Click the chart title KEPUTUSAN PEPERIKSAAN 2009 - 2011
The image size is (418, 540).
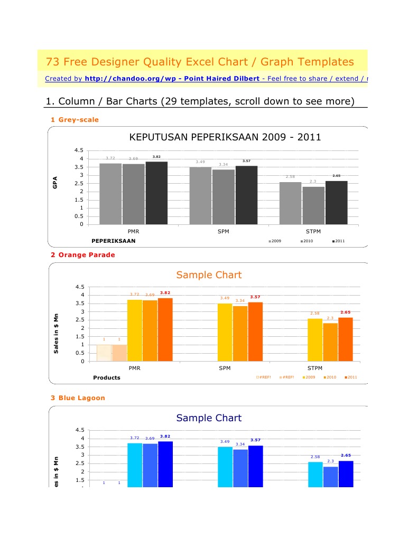click(225, 138)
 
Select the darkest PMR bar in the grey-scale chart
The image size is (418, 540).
click(156, 193)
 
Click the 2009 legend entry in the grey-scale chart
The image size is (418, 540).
click(275, 241)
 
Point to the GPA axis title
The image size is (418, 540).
click(54, 183)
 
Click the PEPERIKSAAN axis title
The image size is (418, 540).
click(114, 241)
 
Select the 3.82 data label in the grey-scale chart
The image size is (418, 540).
click(156, 157)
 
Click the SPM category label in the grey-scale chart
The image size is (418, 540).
click(224, 231)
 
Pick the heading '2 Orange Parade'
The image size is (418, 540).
click(82, 254)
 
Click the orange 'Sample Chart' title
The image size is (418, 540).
click(209, 274)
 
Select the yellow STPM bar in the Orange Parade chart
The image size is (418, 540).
click(315, 339)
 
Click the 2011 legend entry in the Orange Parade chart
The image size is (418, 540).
click(351, 377)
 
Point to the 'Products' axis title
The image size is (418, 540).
click(107, 377)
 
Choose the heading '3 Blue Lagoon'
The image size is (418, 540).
click(78, 397)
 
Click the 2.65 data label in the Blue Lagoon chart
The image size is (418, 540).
click(346, 455)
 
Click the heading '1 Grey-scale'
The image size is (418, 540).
click(75, 119)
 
